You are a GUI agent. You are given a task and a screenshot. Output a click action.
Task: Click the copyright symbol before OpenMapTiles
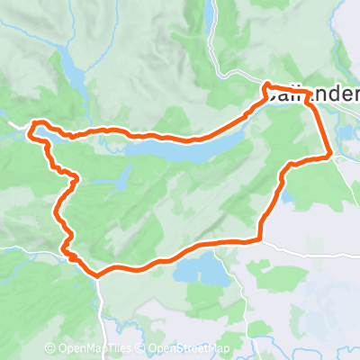(x=50, y=349)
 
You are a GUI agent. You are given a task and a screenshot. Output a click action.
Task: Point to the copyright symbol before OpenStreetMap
(x=143, y=349)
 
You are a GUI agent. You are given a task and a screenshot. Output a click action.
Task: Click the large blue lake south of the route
(x=202, y=269)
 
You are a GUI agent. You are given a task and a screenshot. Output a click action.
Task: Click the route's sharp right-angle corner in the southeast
(x=260, y=239)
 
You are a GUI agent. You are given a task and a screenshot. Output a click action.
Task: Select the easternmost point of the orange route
(x=332, y=155)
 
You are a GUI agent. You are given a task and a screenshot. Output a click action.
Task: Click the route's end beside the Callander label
(x=266, y=87)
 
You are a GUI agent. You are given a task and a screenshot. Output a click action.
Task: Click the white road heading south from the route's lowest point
(x=102, y=306)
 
